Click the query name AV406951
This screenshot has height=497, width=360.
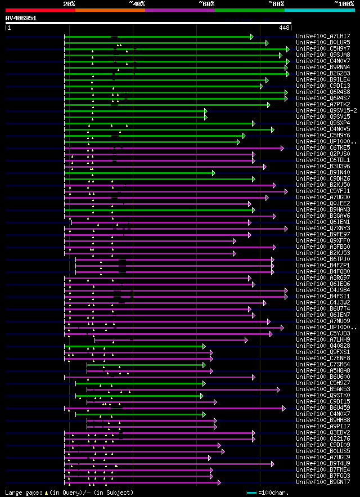(21, 18)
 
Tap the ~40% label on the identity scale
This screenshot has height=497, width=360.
(137, 3)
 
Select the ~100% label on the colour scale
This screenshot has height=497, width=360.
(344, 3)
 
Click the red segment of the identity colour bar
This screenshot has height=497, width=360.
(40, 10)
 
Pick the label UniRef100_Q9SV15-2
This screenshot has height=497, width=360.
(326, 111)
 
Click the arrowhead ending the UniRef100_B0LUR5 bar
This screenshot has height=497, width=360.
(267, 43)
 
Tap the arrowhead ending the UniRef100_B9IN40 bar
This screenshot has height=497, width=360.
(214, 173)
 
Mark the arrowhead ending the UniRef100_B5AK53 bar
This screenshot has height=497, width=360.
(278, 389)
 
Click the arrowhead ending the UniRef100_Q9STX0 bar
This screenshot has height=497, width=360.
(201, 396)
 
